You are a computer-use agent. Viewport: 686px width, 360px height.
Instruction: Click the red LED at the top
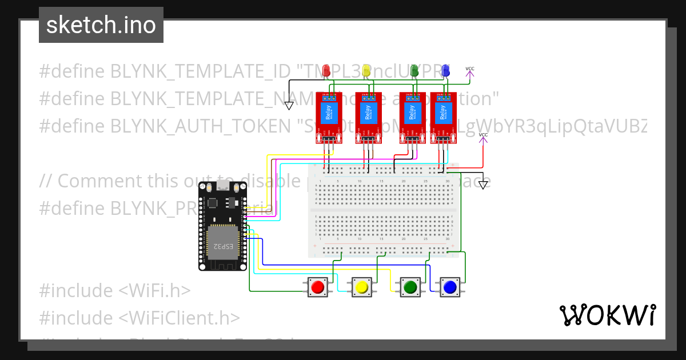[x=326, y=71]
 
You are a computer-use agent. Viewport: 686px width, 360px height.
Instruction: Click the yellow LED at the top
[x=366, y=71]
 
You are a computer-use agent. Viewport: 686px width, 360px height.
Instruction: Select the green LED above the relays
[x=415, y=71]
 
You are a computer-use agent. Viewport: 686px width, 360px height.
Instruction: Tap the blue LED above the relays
[x=445, y=71]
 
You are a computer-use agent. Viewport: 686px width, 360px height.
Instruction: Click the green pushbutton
[x=409, y=286]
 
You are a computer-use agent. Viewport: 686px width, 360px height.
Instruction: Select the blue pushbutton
[x=450, y=286]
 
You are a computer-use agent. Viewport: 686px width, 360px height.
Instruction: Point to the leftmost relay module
[x=329, y=118]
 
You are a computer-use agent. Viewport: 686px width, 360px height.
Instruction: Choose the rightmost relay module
[x=442, y=118]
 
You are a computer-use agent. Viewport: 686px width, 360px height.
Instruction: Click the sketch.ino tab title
[x=101, y=25]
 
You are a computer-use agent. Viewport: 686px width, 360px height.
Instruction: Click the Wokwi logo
[x=607, y=315]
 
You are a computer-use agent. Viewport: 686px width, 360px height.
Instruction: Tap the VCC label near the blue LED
[x=470, y=70]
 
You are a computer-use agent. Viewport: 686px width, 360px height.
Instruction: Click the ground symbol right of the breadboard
[x=484, y=185]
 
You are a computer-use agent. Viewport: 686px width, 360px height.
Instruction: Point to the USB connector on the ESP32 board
[x=222, y=187]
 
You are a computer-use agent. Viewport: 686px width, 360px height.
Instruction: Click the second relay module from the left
[x=368, y=118]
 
